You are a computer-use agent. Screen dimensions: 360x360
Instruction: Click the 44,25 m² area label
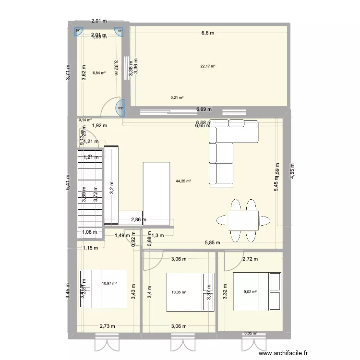183,181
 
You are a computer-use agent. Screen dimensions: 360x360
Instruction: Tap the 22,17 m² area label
208,66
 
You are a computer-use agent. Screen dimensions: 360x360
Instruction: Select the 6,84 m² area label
99,73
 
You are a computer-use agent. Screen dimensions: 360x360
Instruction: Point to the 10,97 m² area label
109,283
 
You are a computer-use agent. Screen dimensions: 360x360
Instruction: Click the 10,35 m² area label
179,291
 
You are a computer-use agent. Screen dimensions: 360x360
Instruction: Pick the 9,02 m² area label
250,291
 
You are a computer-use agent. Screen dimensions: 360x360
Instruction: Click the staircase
90,194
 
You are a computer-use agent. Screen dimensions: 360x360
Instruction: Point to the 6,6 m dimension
208,33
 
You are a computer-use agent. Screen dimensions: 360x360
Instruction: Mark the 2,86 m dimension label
139,219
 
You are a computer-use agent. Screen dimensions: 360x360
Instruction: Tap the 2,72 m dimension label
250,259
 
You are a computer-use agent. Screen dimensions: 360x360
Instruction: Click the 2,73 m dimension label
107,326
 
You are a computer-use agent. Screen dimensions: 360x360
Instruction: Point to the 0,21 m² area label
177,97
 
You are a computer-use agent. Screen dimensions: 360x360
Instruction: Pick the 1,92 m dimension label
99,126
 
